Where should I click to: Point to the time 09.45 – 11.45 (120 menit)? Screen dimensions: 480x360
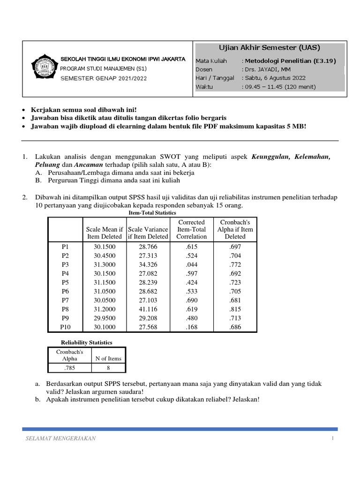point(280,87)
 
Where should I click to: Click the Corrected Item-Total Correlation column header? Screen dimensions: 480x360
point(191,229)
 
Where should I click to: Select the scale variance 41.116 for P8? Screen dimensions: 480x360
point(148,309)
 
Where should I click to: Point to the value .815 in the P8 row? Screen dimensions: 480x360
point(235,309)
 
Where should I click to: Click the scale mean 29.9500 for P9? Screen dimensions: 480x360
point(104,318)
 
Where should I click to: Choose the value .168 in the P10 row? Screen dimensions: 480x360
point(191,327)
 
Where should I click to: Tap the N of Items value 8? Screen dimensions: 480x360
point(108,368)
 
